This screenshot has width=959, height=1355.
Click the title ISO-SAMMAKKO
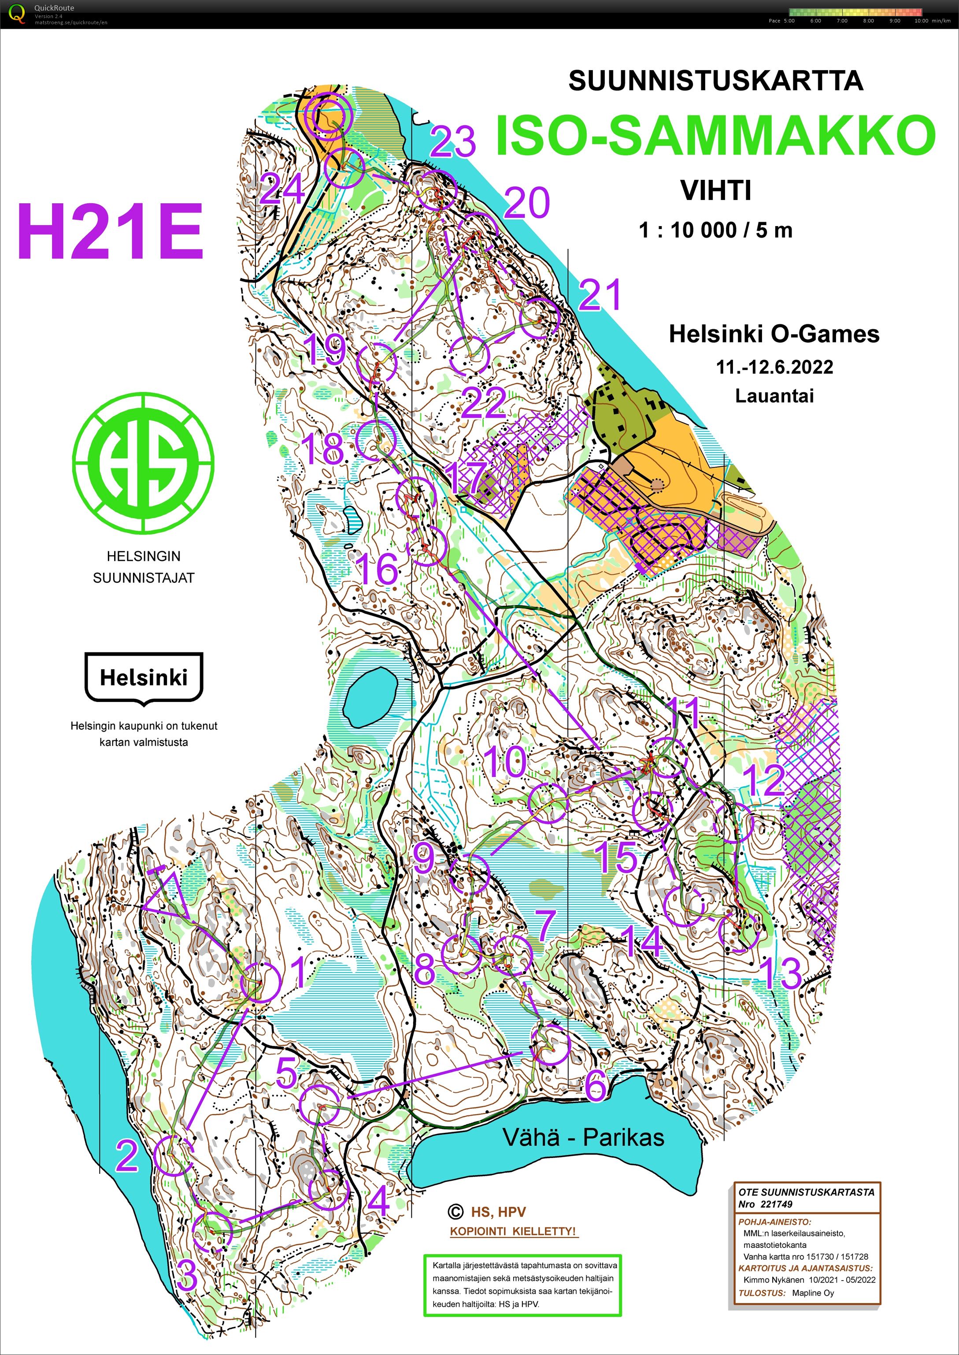pyautogui.click(x=715, y=135)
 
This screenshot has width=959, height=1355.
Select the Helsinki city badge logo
pyautogui.click(x=144, y=678)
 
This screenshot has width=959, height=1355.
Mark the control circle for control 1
pyautogui.click(x=260, y=982)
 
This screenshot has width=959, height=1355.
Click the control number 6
pyautogui.click(x=595, y=1084)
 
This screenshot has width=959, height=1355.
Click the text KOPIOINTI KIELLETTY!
pyautogui.click(x=513, y=1232)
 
